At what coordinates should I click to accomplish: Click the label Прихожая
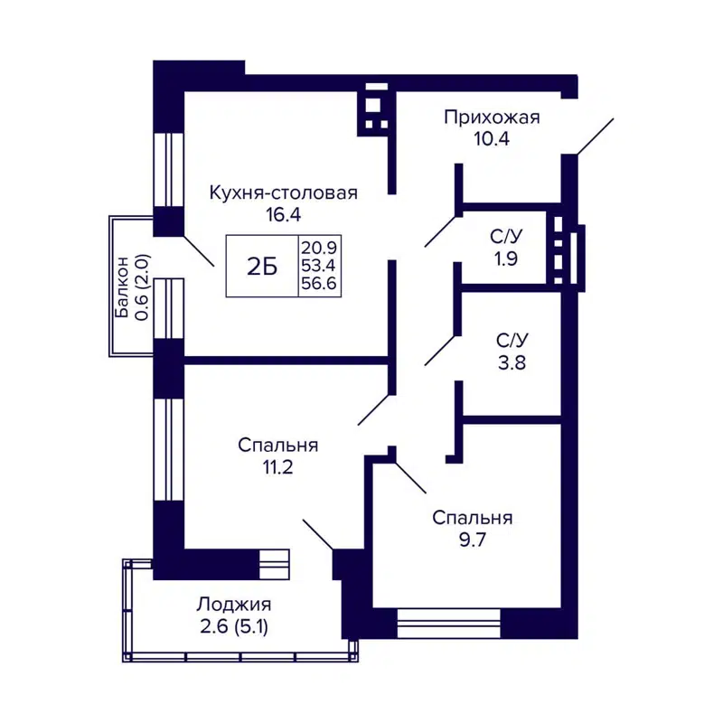491,117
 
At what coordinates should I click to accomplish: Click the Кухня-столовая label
284,192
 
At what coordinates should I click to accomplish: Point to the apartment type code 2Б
261,266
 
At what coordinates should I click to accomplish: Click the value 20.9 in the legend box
319,245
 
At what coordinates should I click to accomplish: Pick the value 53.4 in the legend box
319,265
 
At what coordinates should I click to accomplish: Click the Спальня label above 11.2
278,446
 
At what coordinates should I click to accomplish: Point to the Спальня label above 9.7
473,518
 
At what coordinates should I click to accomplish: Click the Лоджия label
234,606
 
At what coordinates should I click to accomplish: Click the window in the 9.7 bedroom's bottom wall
449,623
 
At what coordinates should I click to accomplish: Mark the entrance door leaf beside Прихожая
594,136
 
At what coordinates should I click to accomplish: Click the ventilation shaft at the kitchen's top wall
375,108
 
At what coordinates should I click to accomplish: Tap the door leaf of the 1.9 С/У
443,230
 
